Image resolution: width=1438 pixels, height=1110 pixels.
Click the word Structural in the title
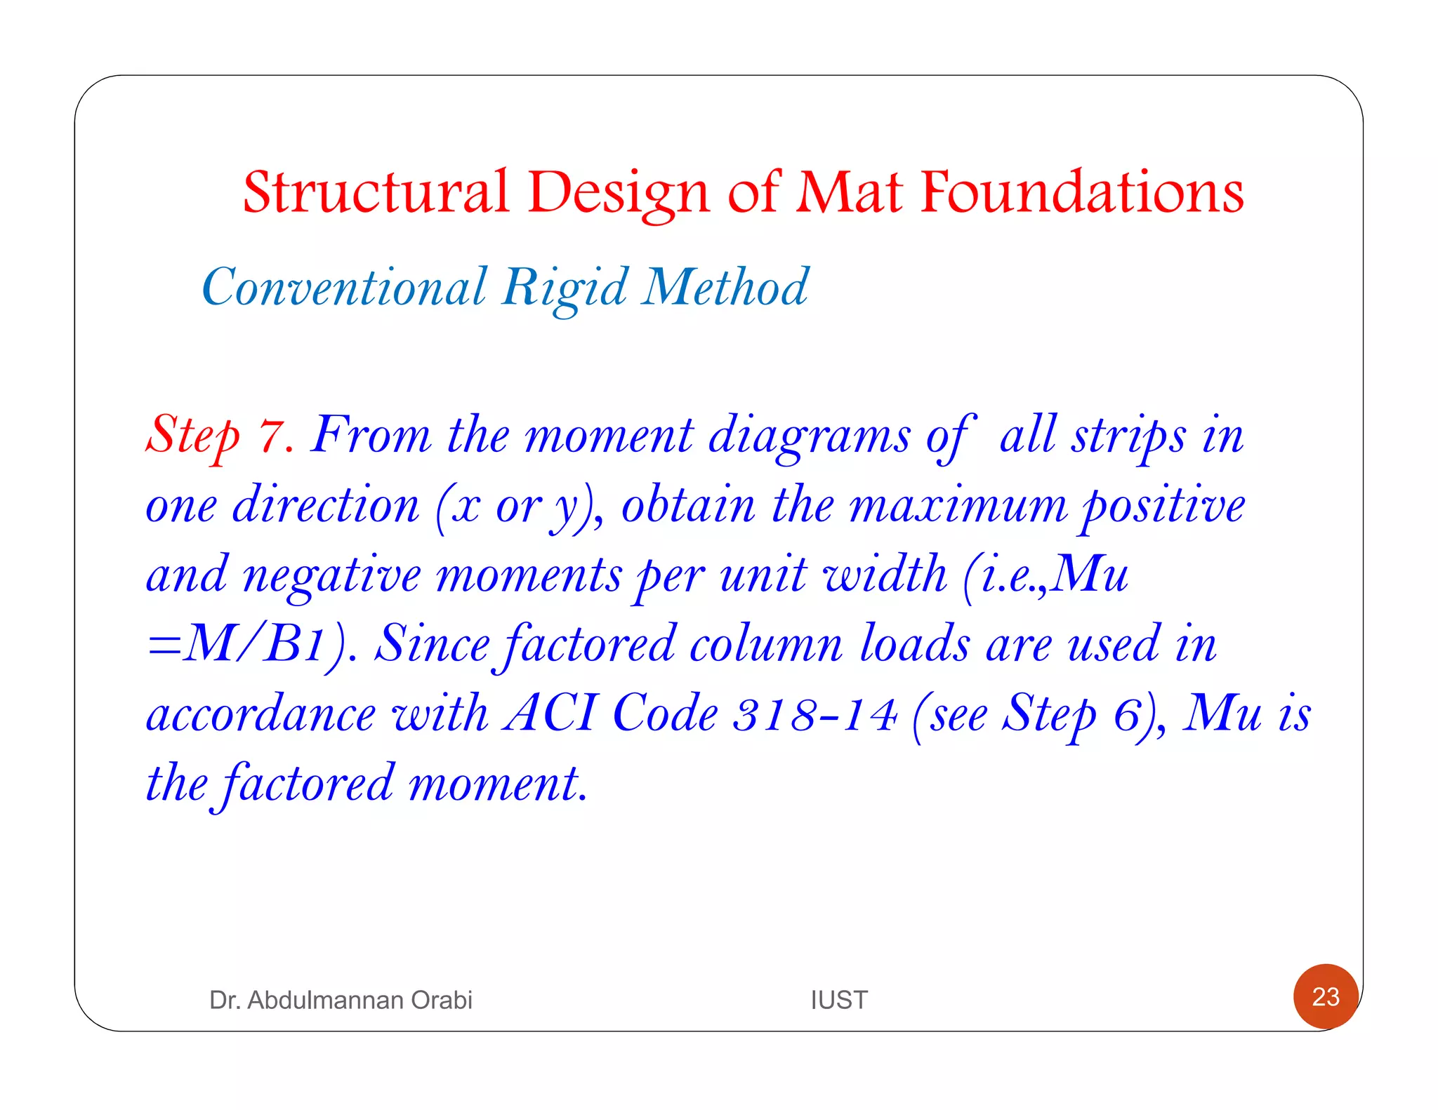pyautogui.click(x=376, y=192)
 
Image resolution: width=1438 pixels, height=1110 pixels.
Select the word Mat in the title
pyautogui.click(x=848, y=192)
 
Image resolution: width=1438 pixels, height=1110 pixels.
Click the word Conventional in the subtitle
pyautogui.click(x=344, y=287)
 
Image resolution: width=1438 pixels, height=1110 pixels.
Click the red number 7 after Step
pyautogui.click(x=272, y=436)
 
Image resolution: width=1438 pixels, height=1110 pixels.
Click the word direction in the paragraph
pyautogui.click(x=326, y=505)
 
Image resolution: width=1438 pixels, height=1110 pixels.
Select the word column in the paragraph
pyautogui.click(x=765, y=644)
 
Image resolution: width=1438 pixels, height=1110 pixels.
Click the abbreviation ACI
pyautogui.click(x=551, y=714)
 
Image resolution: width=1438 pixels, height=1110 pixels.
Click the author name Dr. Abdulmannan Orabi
pyautogui.click(x=341, y=1000)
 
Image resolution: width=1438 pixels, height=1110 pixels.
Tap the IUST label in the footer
pyautogui.click(x=839, y=1000)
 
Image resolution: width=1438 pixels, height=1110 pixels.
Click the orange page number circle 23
pyautogui.click(x=1326, y=997)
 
